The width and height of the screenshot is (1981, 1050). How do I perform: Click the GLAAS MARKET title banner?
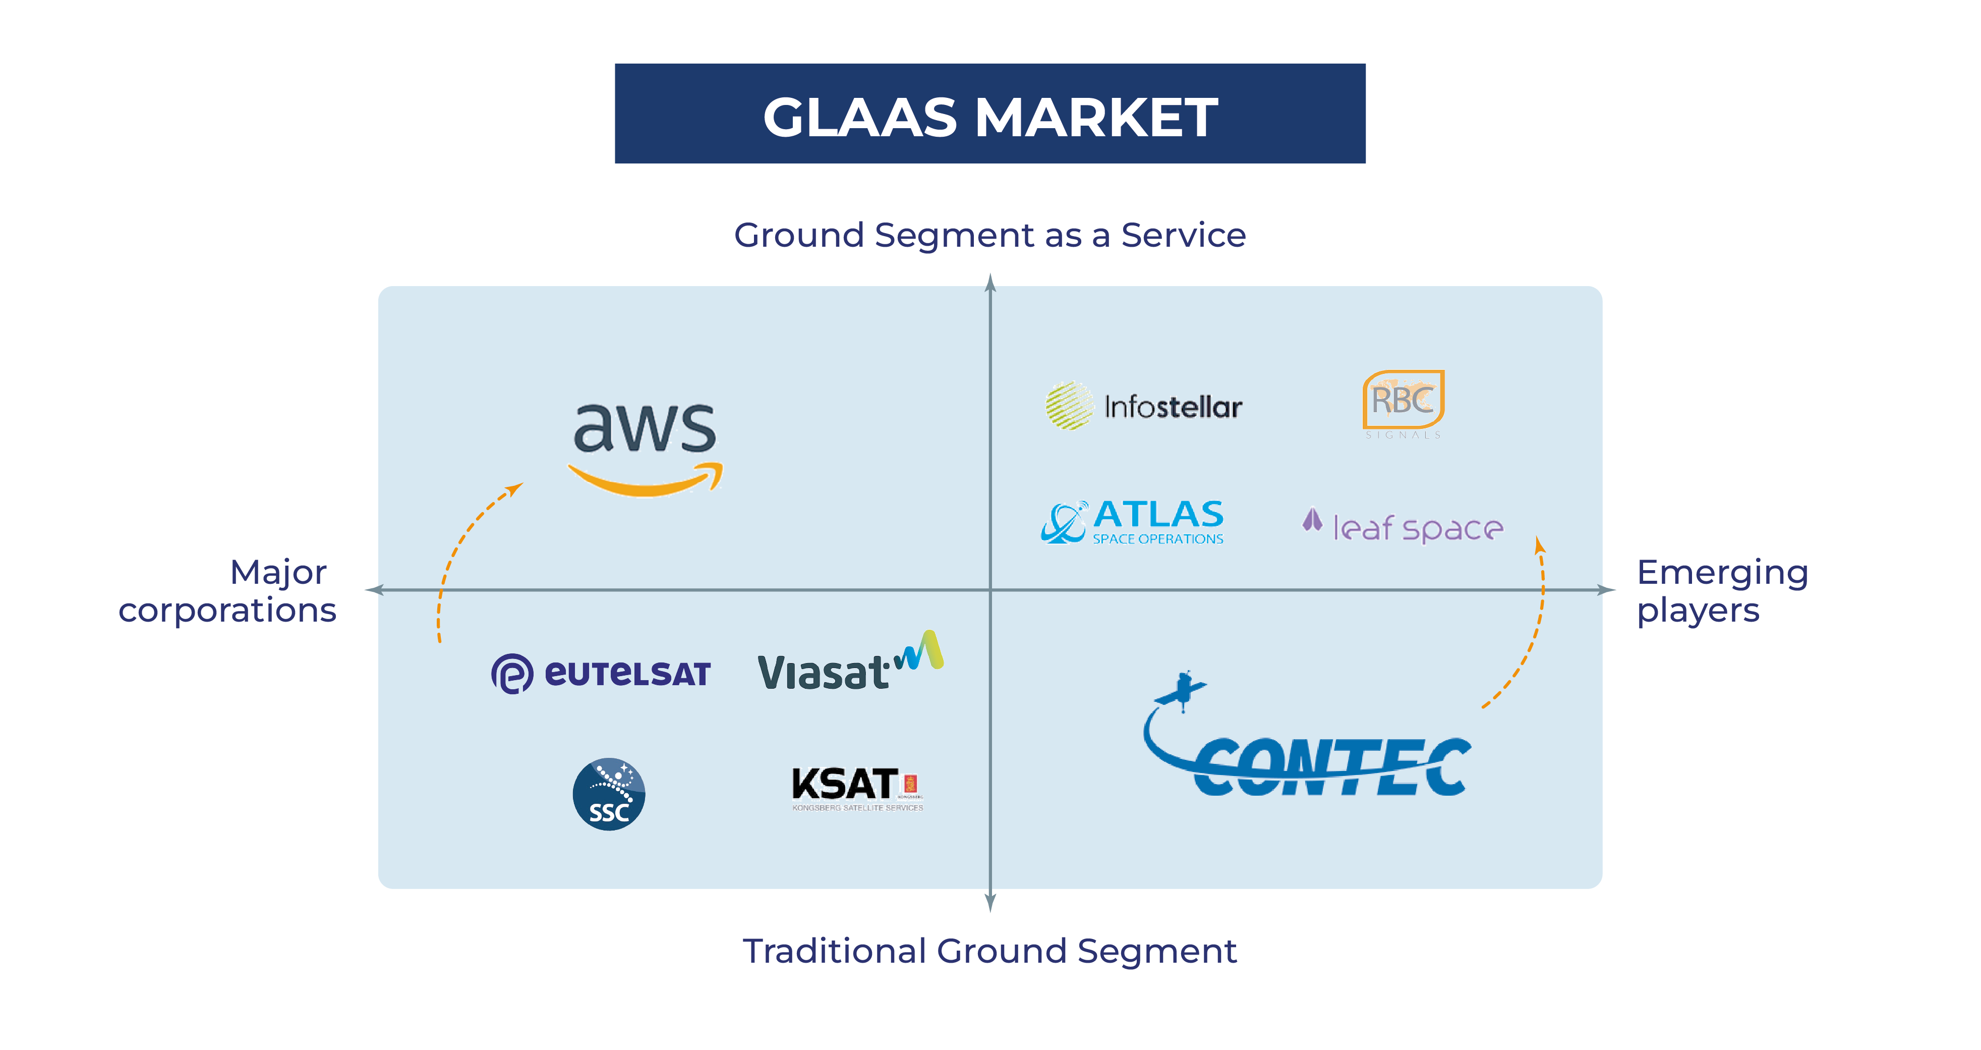[x=989, y=114]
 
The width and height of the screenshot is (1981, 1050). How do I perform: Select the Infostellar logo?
[x=1143, y=405]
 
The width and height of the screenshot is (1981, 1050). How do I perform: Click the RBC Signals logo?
[x=1403, y=403]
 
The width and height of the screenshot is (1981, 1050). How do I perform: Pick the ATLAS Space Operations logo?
[x=1133, y=522]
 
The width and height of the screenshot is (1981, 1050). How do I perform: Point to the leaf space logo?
[x=1403, y=527]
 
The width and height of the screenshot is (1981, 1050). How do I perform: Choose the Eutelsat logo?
[x=601, y=673]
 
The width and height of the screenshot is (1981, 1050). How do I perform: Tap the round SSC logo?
[x=608, y=794]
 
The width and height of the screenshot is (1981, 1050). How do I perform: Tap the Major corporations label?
[x=227, y=591]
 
